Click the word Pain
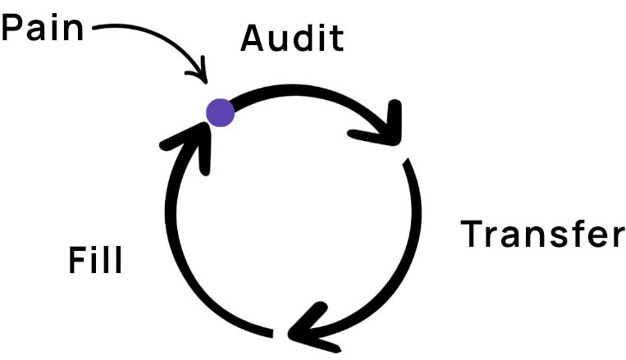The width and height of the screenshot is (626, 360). (43, 29)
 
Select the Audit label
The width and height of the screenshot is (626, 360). (292, 39)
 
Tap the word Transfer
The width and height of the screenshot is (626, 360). (542, 235)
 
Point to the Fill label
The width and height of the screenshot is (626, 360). (95, 262)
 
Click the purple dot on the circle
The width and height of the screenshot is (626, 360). (220, 112)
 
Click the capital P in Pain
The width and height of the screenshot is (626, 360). (14, 29)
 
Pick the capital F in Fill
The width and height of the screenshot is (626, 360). (77, 262)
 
